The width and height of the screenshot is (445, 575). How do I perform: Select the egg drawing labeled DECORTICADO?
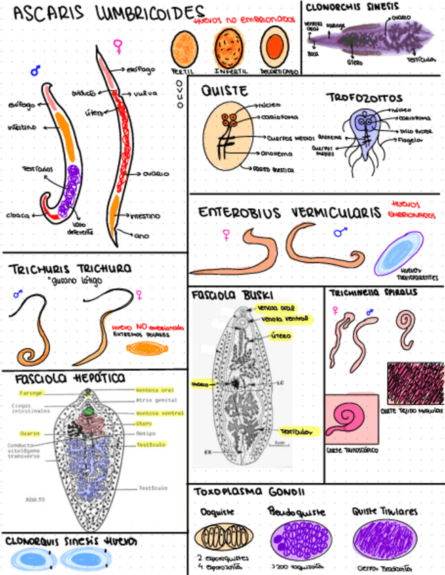tap(274, 48)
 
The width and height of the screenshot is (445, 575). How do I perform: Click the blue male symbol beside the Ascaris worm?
tap(35, 70)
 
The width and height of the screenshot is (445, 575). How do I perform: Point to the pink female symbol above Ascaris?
tap(117, 46)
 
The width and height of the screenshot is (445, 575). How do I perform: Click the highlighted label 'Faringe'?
tap(31, 393)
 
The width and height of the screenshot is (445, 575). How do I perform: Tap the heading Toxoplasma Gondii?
tap(248, 492)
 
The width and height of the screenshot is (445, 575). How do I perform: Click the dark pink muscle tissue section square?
tap(414, 383)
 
